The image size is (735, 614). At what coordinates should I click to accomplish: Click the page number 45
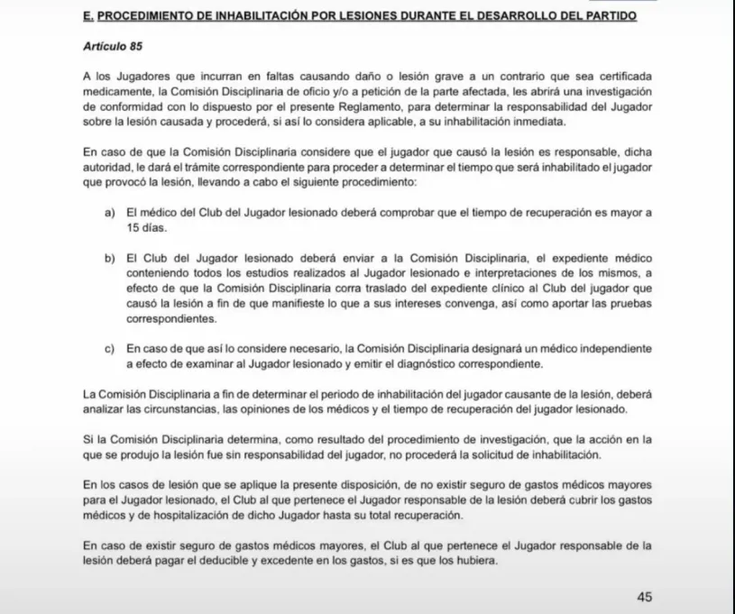pos(644,597)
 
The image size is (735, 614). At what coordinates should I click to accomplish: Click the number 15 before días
pos(133,228)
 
